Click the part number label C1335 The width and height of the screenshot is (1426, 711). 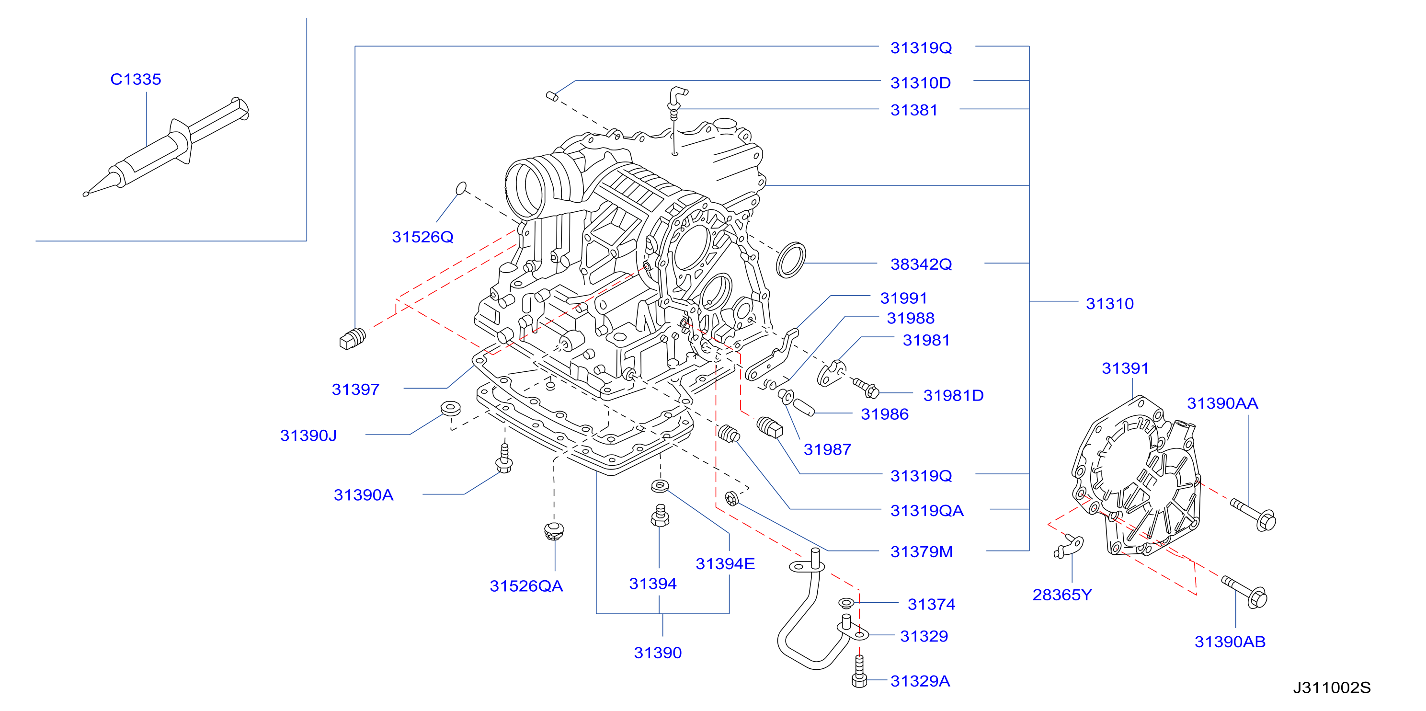[136, 79]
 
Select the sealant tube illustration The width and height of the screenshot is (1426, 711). [166, 146]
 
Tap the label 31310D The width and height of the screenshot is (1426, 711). [921, 83]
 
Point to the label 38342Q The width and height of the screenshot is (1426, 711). [921, 264]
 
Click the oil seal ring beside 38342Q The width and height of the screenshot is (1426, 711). [790, 260]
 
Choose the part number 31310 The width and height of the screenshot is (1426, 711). [1109, 303]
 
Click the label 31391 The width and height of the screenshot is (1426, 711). [1125, 368]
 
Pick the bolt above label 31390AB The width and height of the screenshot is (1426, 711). [1244, 591]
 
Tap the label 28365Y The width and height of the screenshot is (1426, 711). [1062, 595]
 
